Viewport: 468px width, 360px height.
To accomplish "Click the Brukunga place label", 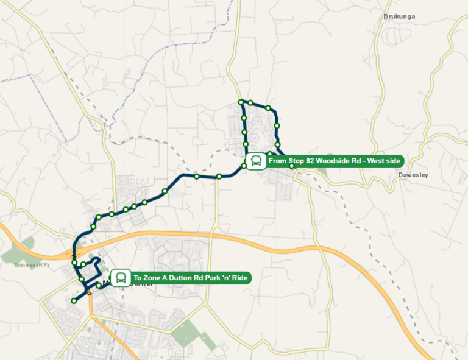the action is (x=399, y=16).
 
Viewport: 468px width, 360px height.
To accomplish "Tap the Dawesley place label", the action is (x=413, y=175).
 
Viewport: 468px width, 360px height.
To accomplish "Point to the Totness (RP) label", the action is (x=32, y=265).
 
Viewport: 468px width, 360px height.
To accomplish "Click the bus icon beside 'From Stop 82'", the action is (x=256, y=161).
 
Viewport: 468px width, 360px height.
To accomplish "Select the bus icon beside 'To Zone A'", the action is (x=121, y=278).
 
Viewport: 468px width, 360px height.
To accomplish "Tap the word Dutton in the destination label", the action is (x=180, y=278).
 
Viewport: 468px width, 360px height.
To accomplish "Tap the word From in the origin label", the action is (x=277, y=161).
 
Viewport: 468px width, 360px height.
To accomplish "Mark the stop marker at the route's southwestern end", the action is (x=74, y=300).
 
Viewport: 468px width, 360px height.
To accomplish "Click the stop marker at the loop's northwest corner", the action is (x=241, y=101).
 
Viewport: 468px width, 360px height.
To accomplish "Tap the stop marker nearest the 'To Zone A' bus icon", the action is (x=99, y=285).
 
